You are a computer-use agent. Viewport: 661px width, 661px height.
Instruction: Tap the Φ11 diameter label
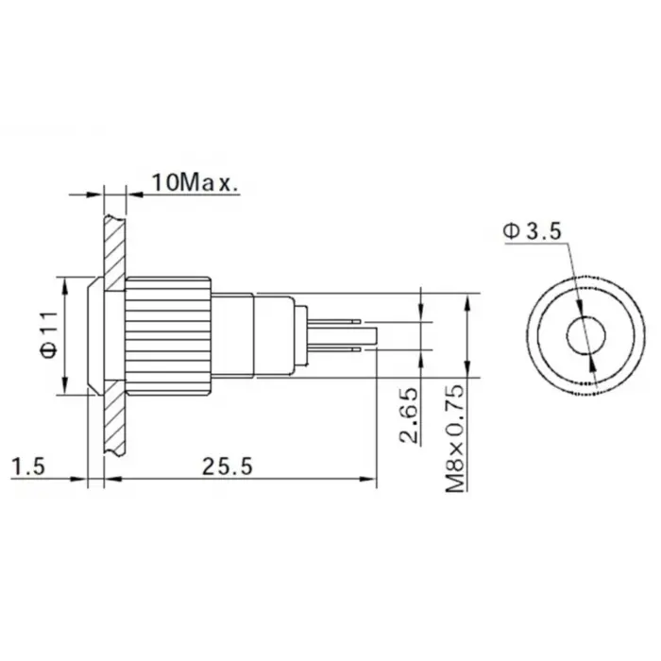point(49,335)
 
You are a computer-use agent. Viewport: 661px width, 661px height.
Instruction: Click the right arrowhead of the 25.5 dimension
point(370,480)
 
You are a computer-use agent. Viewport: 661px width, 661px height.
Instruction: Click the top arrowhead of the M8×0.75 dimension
point(469,300)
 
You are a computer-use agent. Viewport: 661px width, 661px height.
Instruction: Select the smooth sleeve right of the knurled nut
point(232,335)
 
